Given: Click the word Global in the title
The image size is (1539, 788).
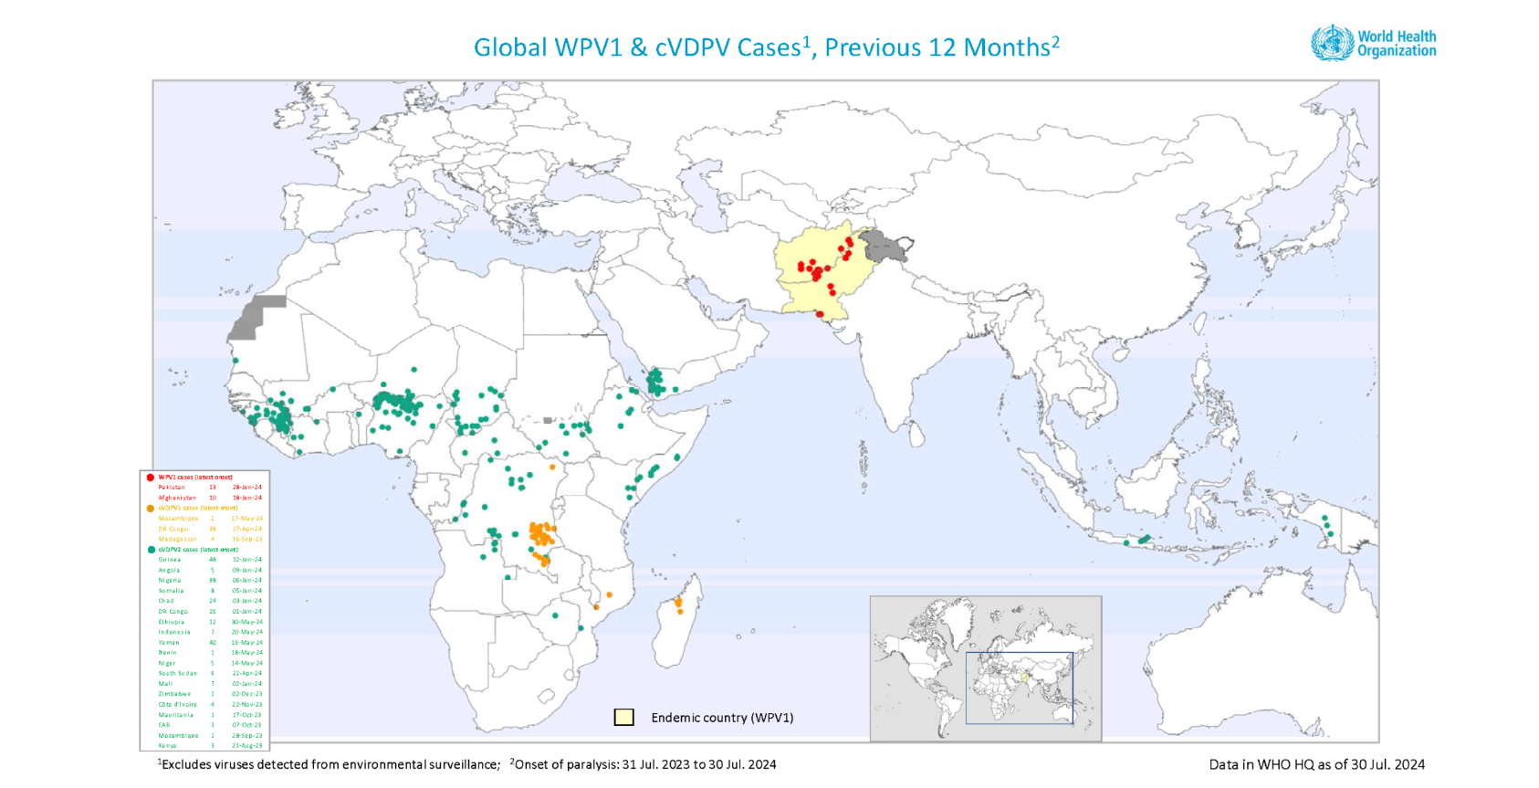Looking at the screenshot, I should (509, 47).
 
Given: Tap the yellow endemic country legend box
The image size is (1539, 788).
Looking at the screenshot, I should (623, 717).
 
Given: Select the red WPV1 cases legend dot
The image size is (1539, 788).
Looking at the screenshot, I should (150, 477).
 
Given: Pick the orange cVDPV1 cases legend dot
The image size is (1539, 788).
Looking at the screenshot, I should (150, 508).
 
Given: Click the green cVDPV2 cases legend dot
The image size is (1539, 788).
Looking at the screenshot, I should (150, 550).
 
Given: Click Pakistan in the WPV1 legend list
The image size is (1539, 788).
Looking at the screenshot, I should (172, 488).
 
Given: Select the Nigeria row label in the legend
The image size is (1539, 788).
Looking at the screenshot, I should (170, 581).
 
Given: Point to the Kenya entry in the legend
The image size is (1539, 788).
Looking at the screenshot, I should (167, 746).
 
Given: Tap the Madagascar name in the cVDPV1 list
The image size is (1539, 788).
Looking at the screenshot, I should (177, 539).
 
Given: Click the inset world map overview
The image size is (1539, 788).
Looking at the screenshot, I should (985, 667).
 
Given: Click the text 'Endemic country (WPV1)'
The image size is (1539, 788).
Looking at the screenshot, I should (722, 718).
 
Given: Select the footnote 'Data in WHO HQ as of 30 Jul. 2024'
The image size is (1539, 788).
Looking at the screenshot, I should (1316, 764).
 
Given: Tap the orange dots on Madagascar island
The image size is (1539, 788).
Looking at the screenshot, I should (678, 604).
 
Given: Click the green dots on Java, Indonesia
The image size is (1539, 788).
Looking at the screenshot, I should (1141, 540).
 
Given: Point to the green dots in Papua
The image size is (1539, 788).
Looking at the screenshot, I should (1327, 526).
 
